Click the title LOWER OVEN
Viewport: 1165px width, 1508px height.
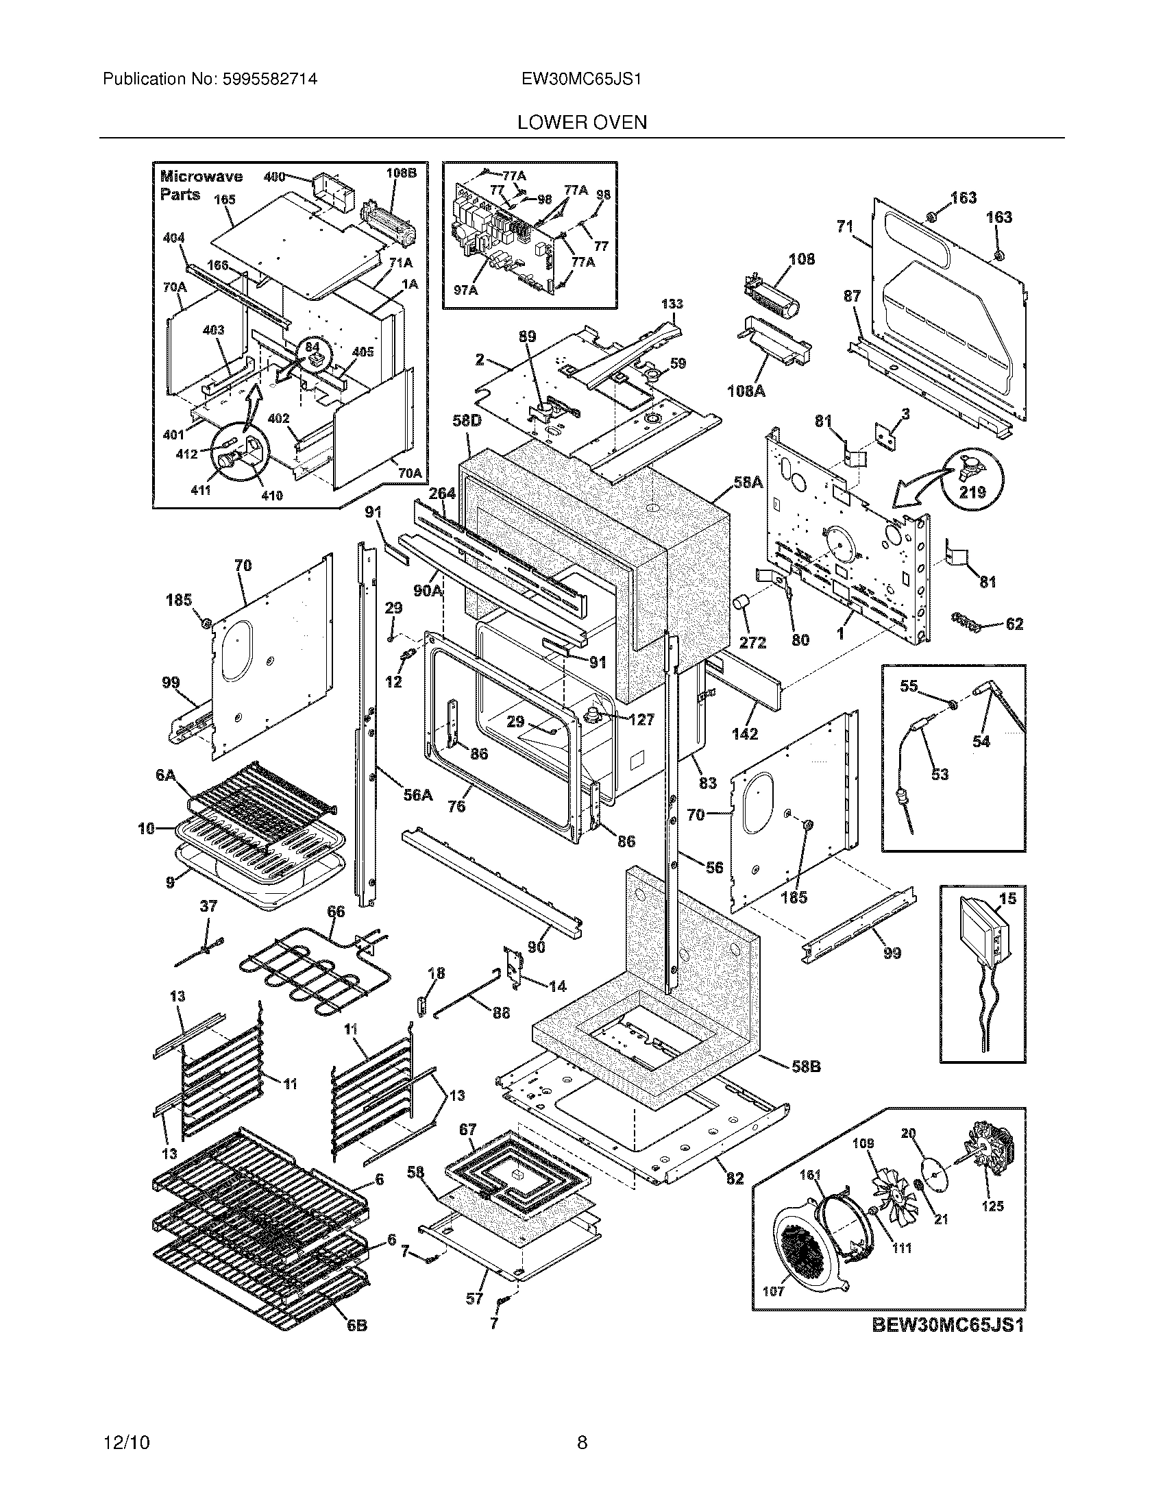[x=582, y=122]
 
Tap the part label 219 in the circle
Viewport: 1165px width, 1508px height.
[x=972, y=492]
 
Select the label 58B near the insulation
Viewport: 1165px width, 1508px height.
[x=805, y=1066]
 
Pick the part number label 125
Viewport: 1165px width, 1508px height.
[x=992, y=1206]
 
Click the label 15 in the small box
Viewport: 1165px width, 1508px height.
[x=1007, y=899]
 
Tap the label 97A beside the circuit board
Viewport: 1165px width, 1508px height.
[x=465, y=291]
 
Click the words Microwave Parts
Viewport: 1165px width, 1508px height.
[x=200, y=185]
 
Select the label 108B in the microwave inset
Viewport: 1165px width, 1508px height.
[x=401, y=173]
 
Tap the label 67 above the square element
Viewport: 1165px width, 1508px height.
[x=467, y=1130]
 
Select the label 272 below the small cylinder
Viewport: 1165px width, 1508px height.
[x=752, y=642]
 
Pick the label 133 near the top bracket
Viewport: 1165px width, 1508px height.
[x=672, y=304]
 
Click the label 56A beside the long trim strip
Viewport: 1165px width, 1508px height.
[x=417, y=795]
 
